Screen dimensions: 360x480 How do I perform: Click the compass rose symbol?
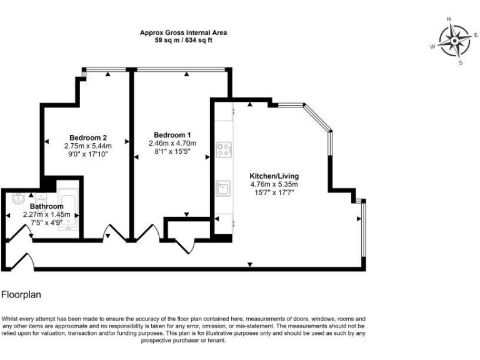[455, 41]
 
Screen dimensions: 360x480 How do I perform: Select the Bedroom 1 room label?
[172, 135]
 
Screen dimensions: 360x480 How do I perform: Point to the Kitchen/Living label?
[274, 176]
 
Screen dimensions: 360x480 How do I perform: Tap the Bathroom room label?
[46, 206]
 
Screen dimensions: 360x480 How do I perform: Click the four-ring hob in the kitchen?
[224, 149]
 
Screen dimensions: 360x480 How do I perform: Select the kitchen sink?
[224, 187]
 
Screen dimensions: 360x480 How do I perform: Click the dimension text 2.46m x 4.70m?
[172, 143]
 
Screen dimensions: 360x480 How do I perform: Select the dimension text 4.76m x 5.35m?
[274, 184]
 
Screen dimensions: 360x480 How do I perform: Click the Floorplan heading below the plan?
[22, 293]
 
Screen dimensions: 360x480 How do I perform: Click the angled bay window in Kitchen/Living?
[319, 118]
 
